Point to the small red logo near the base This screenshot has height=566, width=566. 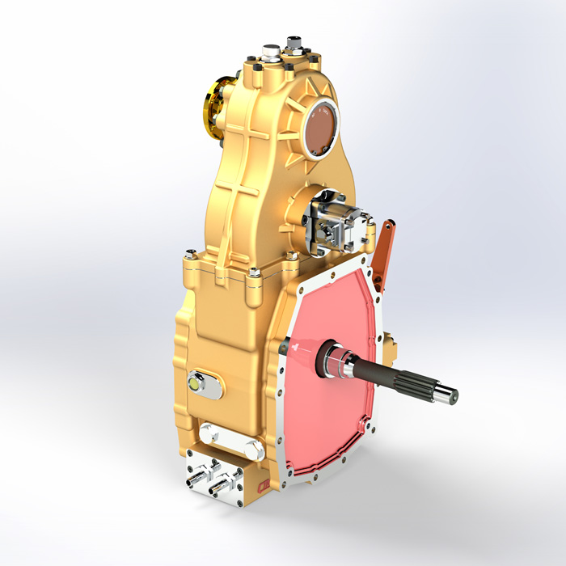[x=261, y=484]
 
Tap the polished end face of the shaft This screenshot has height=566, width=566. [x=450, y=395]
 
